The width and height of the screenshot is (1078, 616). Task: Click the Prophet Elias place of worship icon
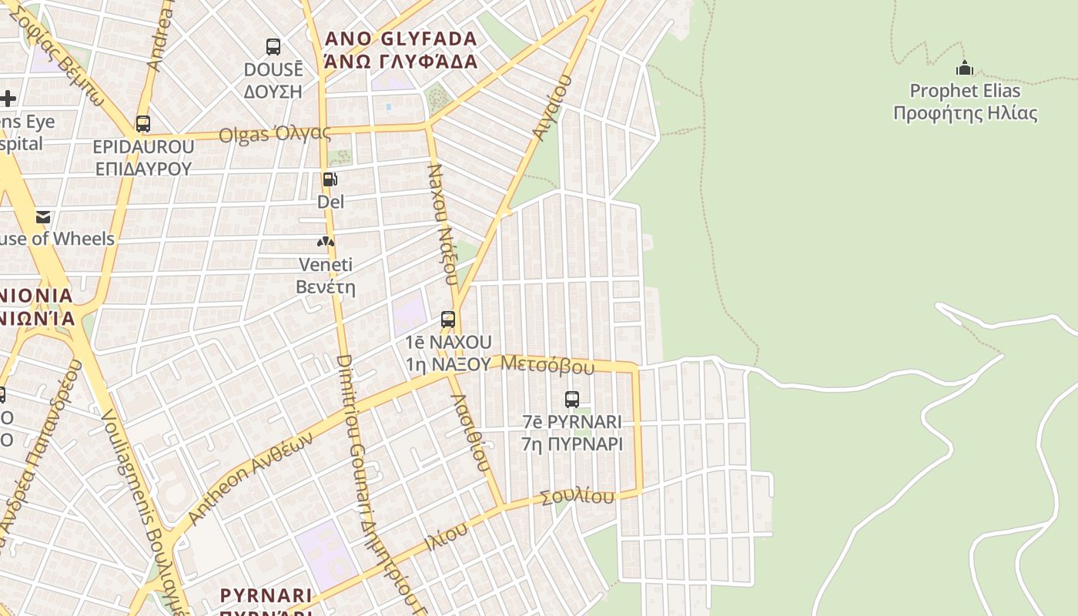(x=965, y=68)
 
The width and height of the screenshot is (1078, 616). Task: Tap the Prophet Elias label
(x=965, y=102)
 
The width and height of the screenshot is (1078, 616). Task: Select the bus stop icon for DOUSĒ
(x=273, y=47)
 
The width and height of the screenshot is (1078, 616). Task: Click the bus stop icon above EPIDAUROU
(x=143, y=123)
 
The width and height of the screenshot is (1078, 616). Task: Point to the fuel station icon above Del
(x=330, y=179)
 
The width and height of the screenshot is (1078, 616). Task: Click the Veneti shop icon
(x=326, y=243)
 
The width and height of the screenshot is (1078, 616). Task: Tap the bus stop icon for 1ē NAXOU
(x=448, y=319)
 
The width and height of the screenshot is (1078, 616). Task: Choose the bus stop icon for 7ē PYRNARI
(x=571, y=399)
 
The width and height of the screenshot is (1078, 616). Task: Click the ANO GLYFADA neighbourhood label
(x=401, y=50)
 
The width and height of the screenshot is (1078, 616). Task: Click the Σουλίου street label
(x=577, y=497)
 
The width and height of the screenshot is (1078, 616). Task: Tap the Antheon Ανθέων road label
(x=251, y=478)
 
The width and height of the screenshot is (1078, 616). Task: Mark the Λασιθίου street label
(x=470, y=433)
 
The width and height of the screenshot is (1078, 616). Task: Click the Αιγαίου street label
(x=552, y=107)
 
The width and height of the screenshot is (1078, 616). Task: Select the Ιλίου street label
(x=446, y=537)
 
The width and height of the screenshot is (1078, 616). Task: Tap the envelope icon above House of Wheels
(x=42, y=217)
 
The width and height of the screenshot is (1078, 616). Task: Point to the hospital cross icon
(x=8, y=98)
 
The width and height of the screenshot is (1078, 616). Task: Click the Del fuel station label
(x=330, y=202)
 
